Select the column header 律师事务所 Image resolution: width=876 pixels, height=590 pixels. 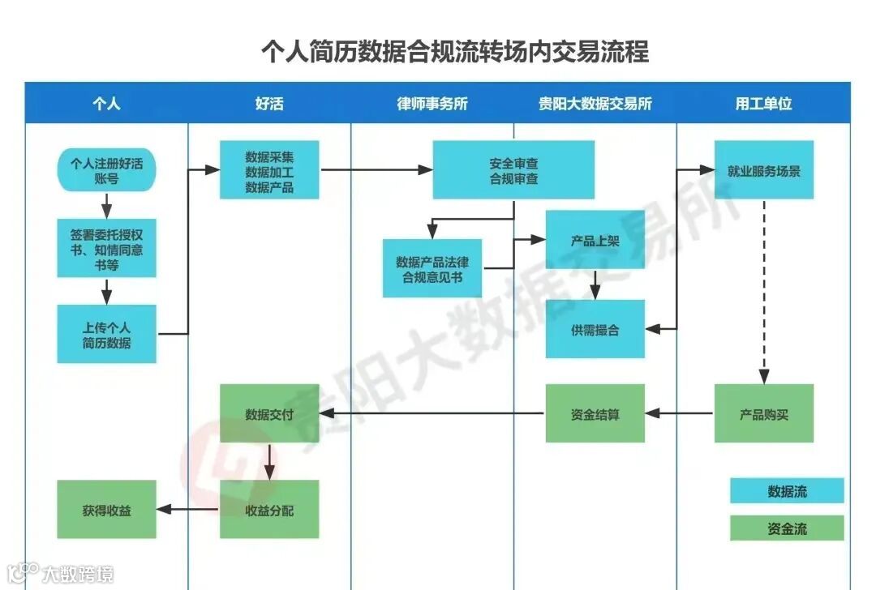click(432, 104)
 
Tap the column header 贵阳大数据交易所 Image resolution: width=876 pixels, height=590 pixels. click(595, 104)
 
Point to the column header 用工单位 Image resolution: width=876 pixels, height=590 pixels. click(763, 104)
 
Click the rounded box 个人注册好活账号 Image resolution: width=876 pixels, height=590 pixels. click(106, 170)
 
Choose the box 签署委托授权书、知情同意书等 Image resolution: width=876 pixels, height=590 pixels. click(106, 248)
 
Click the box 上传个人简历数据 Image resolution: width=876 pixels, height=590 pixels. click(106, 334)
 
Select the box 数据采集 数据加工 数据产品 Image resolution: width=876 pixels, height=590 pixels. click(269, 169)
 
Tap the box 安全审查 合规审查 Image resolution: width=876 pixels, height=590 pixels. click(513, 169)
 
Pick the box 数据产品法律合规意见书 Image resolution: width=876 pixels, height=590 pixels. click(432, 268)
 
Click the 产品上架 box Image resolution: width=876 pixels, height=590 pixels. click(595, 240)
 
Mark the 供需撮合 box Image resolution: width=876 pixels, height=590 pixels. click(595, 329)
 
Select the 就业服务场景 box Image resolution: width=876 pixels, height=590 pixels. click(763, 169)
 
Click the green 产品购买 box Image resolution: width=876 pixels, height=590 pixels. click(763, 413)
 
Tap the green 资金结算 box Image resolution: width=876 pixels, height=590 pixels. click(595, 413)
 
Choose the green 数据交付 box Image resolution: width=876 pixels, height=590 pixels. click(269, 413)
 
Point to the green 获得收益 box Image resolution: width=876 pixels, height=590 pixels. click(106, 509)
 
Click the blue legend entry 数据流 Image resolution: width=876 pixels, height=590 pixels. click(787, 490)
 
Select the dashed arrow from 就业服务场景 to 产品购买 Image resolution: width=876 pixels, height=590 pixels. click(763, 292)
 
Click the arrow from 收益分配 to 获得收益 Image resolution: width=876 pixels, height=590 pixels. click(188, 510)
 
